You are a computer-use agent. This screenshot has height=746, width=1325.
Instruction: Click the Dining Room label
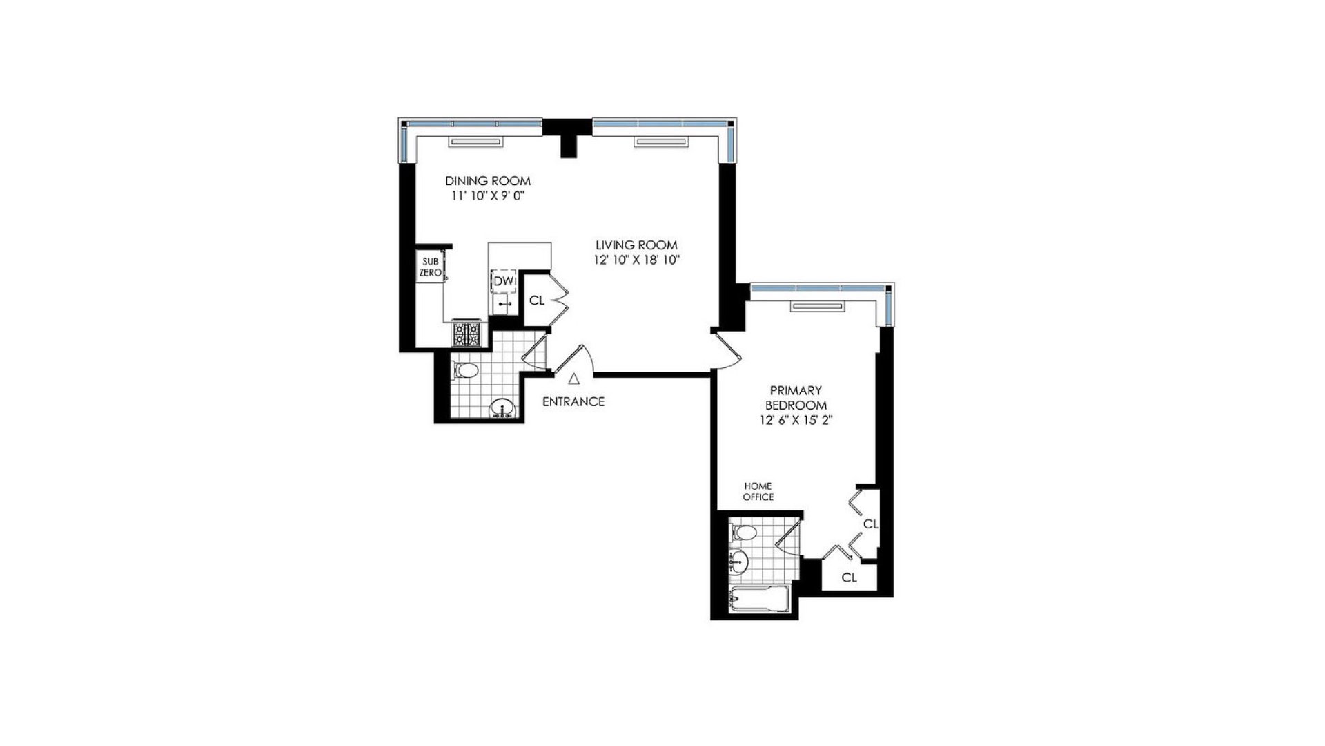tap(488, 181)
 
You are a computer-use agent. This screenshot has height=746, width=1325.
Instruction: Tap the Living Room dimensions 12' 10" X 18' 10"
tap(637, 260)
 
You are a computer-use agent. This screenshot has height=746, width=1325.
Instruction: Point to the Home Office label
tap(758, 492)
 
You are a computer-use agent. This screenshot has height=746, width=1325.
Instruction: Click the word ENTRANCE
tap(573, 401)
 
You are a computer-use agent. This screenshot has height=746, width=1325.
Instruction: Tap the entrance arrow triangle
tap(573, 379)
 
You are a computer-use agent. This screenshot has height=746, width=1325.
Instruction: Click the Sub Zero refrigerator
tap(431, 267)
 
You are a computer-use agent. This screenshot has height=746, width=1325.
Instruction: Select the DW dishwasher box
tap(503, 281)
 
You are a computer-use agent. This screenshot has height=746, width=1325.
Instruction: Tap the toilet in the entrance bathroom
tap(465, 372)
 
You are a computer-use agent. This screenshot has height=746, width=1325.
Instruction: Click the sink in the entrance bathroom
tap(502, 410)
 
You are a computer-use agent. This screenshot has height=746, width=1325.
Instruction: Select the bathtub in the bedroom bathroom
tap(759, 600)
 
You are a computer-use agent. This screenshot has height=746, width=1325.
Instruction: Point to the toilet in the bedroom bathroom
tap(743, 533)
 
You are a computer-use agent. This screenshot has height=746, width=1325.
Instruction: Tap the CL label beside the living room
tap(536, 300)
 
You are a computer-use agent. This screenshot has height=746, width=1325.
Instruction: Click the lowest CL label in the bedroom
tap(850, 577)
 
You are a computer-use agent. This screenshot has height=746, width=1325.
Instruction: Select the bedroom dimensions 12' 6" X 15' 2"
tap(796, 421)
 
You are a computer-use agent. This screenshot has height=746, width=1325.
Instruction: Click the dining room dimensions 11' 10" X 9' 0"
tap(488, 196)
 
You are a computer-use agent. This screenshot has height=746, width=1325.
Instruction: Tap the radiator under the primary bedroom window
tap(818, 306)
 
